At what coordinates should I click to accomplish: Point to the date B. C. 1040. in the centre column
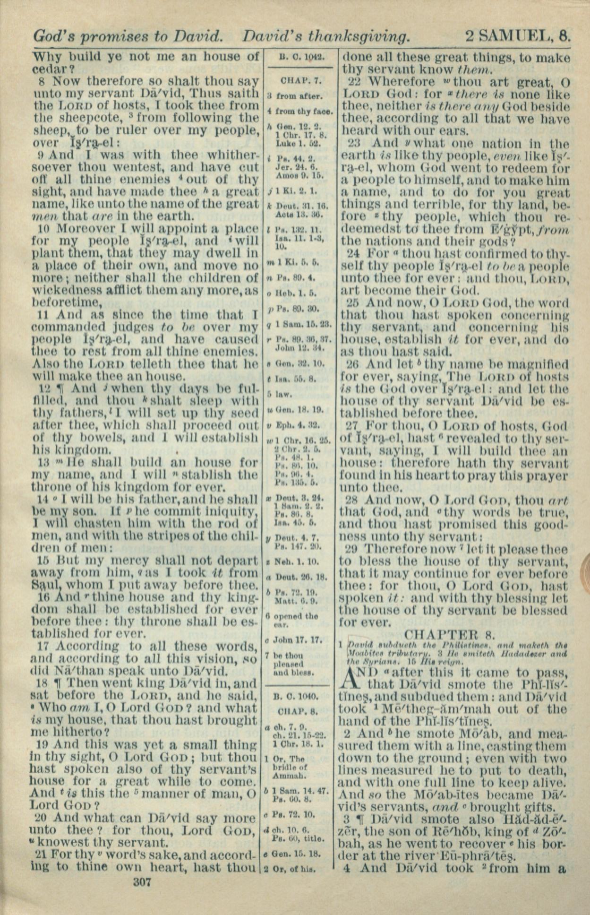click(x=299, y=696)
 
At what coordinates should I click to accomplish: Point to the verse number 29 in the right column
click(x=352, y=549)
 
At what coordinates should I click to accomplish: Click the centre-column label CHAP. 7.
click(x=298, y=79)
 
